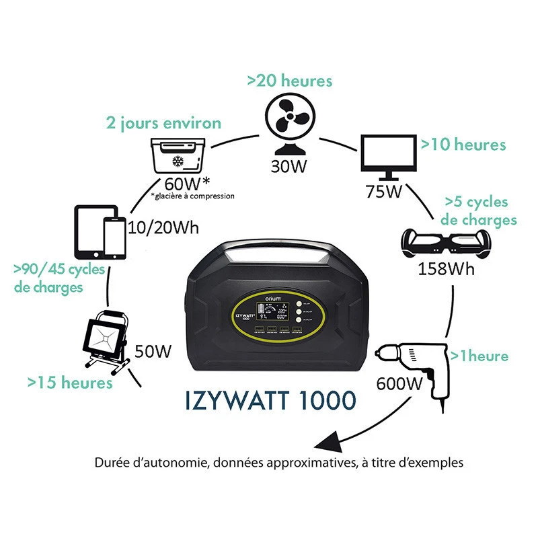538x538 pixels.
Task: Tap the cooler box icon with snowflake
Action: click(x=178, y=156)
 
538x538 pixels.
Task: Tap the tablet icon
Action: click(x=91, y=232)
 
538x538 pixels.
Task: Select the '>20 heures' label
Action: click(x=289, y=81)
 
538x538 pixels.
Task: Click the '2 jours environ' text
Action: click(x=163, y=123)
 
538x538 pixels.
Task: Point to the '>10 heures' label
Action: click(x=463, y=144)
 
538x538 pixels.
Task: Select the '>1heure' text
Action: click(x=479, y=355)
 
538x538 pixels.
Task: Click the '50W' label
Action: click(x=153, y=351)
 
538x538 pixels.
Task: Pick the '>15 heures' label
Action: click(x=70, y=383)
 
